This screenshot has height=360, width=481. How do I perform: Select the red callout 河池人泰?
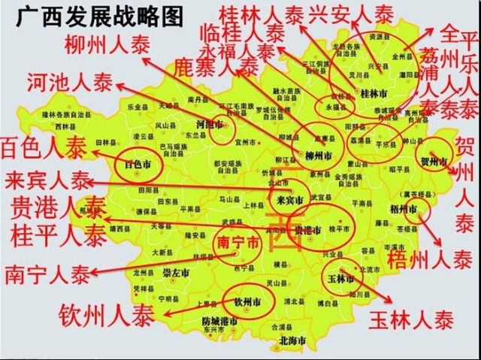pyautogui.click(x=66, y=83)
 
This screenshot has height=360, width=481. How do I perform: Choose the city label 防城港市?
pyautogui.click(x=223, y=321)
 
